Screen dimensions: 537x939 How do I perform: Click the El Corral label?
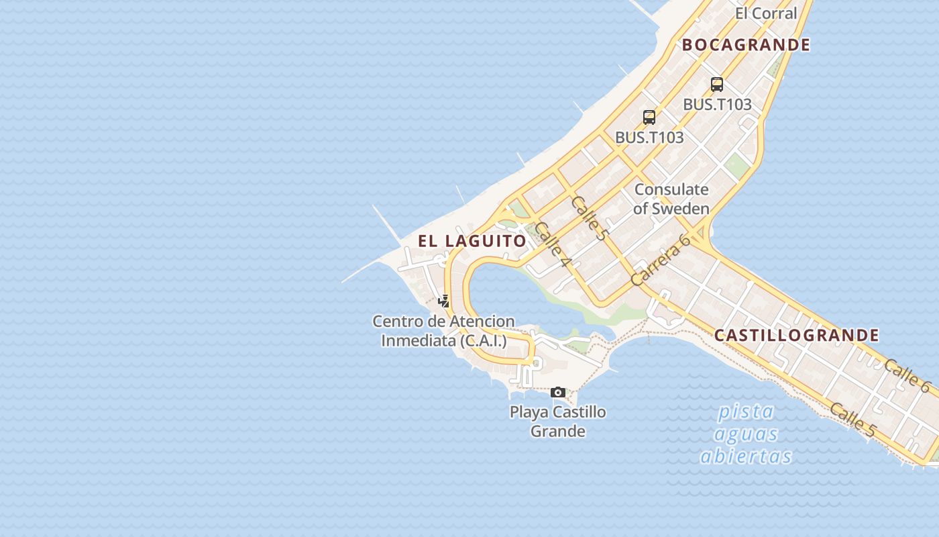[765, 13]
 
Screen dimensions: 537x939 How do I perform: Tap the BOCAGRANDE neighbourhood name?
[746, 45]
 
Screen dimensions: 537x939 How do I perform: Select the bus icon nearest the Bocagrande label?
[717, 85]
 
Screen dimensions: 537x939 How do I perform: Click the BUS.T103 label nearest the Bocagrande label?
[717, 105]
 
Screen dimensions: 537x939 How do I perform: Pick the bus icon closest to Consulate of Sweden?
[649, 117]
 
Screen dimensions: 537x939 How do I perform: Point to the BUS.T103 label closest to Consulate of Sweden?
[649, 138]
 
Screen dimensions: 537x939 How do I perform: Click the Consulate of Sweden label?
[671, 199]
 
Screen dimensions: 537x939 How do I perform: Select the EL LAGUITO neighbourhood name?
[472, 241]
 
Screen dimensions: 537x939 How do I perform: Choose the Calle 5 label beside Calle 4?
[589, 218]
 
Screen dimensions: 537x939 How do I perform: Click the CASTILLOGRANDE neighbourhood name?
[796, 335]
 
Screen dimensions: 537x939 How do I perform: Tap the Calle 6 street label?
[907, 375]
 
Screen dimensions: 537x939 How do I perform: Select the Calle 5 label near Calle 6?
[852, 420]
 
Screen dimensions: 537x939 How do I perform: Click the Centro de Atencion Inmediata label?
[443, 331]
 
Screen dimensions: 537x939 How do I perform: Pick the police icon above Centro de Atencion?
[443, 301]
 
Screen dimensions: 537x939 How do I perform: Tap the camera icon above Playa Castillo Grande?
[557, 392]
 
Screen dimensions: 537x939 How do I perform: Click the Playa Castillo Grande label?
[557, 422]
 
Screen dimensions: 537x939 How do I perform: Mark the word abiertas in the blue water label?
[746, 456]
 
